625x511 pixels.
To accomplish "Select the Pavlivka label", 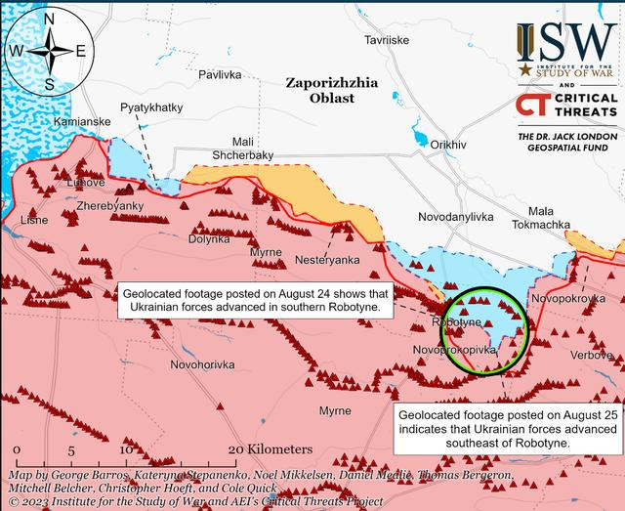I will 219,74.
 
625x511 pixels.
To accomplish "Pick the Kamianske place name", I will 77,121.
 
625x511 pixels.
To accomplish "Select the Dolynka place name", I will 209,238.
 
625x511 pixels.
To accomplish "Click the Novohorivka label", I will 203,364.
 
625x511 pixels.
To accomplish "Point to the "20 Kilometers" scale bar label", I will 269,448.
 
